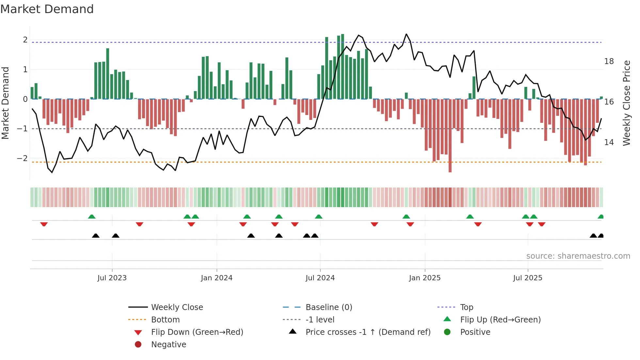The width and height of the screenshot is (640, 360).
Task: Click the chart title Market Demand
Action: [47, 9]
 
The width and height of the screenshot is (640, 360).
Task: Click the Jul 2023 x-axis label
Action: [112, 278]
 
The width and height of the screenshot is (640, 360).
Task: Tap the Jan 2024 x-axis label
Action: [216, 278]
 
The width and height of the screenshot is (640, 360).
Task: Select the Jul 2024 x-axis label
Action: [320, 278]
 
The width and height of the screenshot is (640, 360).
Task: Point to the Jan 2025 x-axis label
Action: [424, 278]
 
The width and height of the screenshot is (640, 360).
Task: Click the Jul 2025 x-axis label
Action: [527, 278]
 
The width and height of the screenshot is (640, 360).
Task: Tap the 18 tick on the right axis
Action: [609, 61]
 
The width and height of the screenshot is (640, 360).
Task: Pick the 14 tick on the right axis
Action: [609, 142]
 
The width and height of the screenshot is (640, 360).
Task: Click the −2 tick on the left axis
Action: [23, 158]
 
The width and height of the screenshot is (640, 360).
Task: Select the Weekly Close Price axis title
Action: [626, 103]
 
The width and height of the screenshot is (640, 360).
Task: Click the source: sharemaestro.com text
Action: [578, 256]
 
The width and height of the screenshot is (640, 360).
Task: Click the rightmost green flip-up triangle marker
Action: [600, 217]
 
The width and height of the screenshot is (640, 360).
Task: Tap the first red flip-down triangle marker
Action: [44, 224]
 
